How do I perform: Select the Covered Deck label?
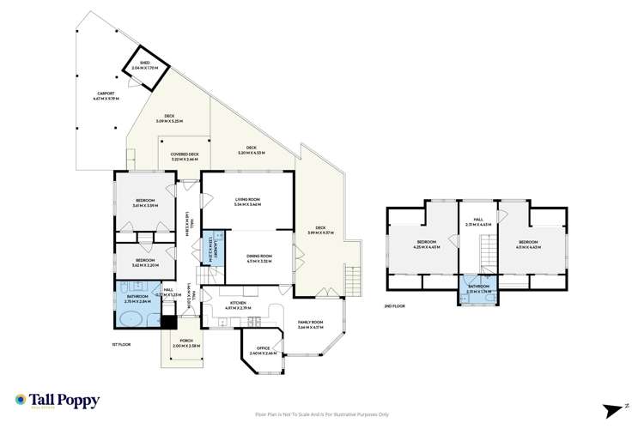tap(185, 156)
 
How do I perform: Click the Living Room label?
tap(247, 202)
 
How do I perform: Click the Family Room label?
tap(310, 325)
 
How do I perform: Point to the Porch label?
tap(185, 344)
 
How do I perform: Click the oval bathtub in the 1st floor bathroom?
tap(133, 321)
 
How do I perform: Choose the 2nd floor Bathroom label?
tap(479, 288)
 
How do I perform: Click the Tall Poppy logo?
tap(57, 401)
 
